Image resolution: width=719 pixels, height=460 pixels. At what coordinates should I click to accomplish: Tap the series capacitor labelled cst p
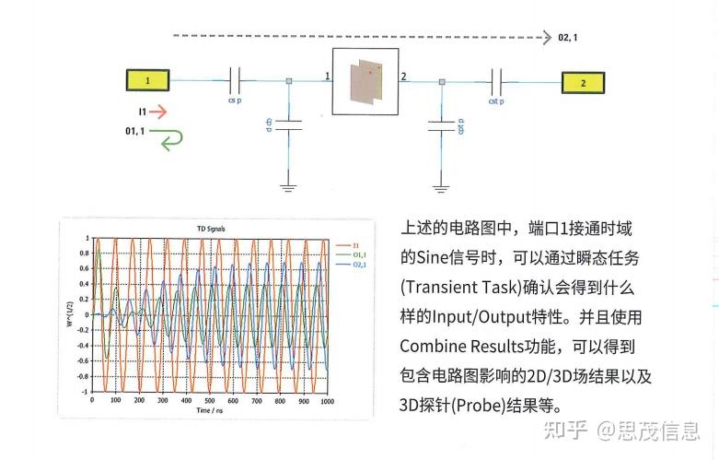[497, 81]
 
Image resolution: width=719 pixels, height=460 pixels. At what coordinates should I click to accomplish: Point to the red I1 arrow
[158, 112]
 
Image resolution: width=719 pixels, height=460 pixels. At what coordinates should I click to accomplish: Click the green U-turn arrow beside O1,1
[169, 138]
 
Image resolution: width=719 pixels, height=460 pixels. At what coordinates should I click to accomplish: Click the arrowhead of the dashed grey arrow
[544, 38]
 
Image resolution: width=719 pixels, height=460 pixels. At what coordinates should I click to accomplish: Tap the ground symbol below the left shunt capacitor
[289, 188]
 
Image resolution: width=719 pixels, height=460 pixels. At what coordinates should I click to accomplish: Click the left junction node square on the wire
[289, 81]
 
